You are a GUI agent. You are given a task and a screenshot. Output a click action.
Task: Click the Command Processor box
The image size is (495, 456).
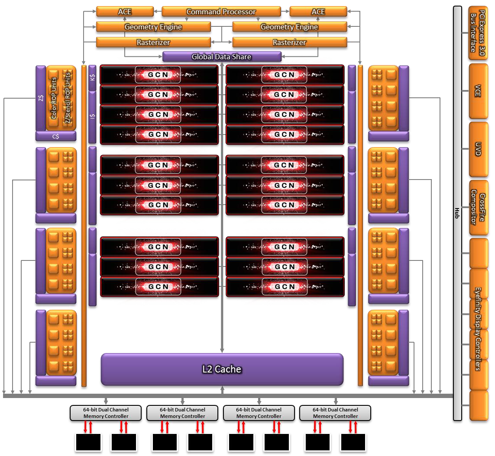pyautogui.click(x=221, y=12)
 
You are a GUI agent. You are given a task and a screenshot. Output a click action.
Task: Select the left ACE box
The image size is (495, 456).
pyautogui.click(x=125, y=12)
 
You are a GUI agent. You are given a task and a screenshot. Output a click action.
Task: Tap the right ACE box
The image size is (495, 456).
pyautogui.click(x=318, y=12)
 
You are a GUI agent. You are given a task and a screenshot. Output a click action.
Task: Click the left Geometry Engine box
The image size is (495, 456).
pyautogui.click(x=153, y=27)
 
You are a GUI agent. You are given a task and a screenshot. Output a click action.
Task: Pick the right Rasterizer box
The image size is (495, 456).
pyautogui.click(x=289, y=42)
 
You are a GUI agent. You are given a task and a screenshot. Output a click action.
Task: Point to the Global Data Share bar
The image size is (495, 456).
pyautogui.click(x=221, y=57)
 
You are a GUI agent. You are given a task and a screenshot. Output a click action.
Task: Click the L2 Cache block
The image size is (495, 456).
pyautogui.click(x=222, y=369)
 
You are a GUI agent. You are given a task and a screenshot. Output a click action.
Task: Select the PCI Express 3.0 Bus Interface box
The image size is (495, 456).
pyautogui.click(x=478, y=32)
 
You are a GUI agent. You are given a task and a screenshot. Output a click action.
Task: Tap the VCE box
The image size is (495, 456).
pyautogui.click(x=478, y=91)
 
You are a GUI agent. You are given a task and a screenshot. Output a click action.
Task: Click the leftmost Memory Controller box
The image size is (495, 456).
pyautogui.click(x=106, y=413)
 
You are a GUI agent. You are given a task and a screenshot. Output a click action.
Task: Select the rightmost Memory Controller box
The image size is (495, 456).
pyautogui.click(x=335, y=413)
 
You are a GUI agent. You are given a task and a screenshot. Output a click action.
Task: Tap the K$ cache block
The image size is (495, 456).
pyautogui.click(x=92, y=78)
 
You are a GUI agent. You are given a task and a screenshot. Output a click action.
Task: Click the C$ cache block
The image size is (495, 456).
pyautogui.click(x=55, y=136)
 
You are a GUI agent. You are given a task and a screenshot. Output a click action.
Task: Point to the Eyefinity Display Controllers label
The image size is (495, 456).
pyautogui.click(x=478, y=329)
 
